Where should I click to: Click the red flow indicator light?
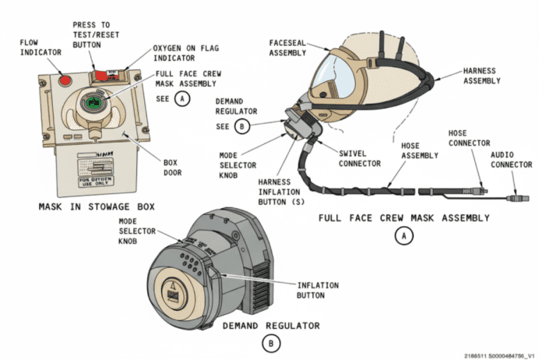tap(65, 79)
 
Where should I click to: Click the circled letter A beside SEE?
tap(182, 99)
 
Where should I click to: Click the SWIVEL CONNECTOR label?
tap(359, 158)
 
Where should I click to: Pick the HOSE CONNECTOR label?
tap(469, 138)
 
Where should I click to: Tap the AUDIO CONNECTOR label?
tap(513, 161)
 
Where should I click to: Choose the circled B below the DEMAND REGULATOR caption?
tap(270, 342)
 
